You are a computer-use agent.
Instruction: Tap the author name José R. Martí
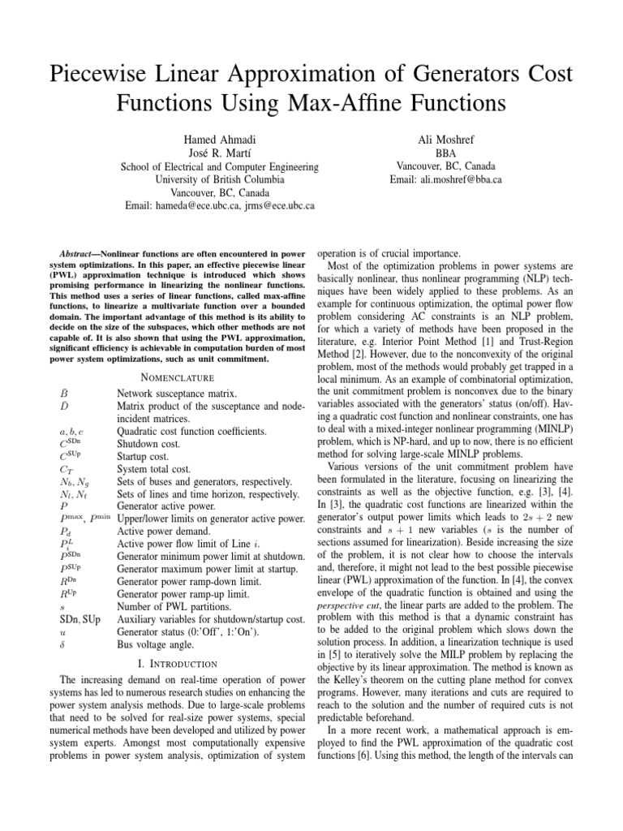click(219, 153)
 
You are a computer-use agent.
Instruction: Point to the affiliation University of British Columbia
click(219, 179)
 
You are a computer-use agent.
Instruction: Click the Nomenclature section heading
click(177, 377)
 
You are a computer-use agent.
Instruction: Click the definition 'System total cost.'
click(154, 468)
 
